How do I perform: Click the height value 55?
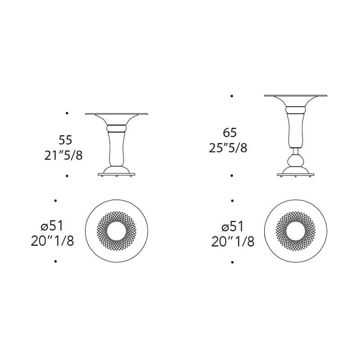pyautogui.click(x=65, y=140)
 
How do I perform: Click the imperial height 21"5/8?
pyautogui.click(x=63, y=156)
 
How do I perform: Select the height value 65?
pyautogui.click(x=229, y=133)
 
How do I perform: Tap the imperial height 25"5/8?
pyautogui.click(x=228, y=148)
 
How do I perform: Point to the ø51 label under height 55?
pyautogui.click(x=52, y=226)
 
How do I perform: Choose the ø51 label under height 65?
pyautogui.click(x=232, y=226)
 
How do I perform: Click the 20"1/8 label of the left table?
pyautogui.click(x=53, y=241)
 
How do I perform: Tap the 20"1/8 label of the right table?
pyautogui.click(x=233, y=242)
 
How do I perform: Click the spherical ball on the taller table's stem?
pyautogui.click(x=296, y=161)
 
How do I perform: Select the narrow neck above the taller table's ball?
pyautogui.click(x=296, y=151)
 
